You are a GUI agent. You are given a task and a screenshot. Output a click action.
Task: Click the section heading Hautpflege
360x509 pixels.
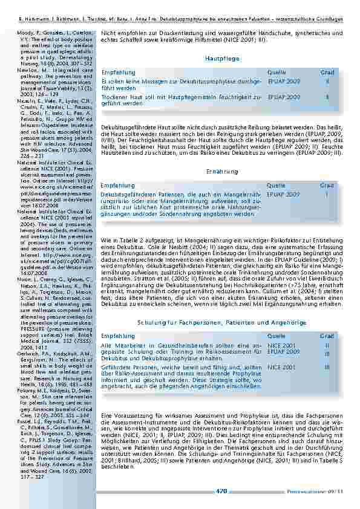(222, 59)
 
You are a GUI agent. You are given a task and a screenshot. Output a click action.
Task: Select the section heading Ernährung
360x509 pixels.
(222, 172)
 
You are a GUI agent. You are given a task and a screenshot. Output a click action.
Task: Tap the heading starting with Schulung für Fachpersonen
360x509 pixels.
(221, 323)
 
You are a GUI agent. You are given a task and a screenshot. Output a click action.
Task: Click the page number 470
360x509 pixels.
(221, 491)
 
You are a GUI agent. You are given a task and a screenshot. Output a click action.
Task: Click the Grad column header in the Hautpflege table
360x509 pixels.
(327, 72)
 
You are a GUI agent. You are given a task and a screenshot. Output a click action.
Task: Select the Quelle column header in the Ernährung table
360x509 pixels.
(277, 186)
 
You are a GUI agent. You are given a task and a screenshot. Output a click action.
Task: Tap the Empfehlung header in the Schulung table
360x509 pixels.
(118, 336)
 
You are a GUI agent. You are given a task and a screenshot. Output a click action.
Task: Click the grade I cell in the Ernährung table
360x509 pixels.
(327, 194)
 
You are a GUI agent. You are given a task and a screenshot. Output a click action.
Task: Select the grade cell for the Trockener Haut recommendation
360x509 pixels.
(327, 96)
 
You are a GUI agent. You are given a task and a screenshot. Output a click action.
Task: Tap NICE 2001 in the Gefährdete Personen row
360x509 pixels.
(281, 366)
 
